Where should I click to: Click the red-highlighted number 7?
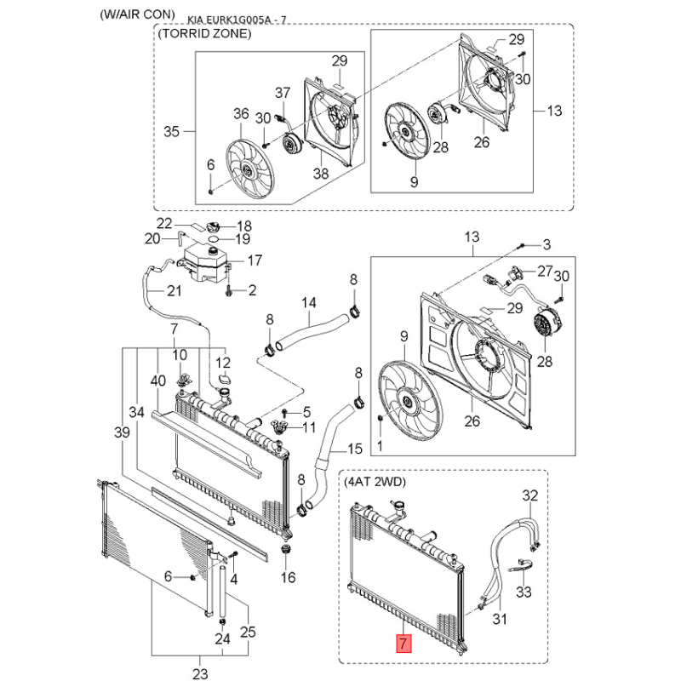tap(404, 644)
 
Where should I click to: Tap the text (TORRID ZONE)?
tap(204, 34)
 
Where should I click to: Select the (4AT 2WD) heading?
tap(375, 483)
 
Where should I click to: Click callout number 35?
tap(172, 132)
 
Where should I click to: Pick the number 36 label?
tap(240, 113)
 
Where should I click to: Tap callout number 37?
tap(283, 92)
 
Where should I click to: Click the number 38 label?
tap(320, 174)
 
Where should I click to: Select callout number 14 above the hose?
tap(309, 303)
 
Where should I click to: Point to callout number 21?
tap(174, 291)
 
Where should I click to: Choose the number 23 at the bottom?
tap(200, 674)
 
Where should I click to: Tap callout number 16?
tap(288, 578)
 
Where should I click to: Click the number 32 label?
tap(529, 495)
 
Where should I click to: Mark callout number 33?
tap(524, 591)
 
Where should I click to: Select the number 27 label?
tap(544, 271)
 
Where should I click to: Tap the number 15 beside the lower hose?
tap(354, 448)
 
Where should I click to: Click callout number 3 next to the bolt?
tap(547, 244)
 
